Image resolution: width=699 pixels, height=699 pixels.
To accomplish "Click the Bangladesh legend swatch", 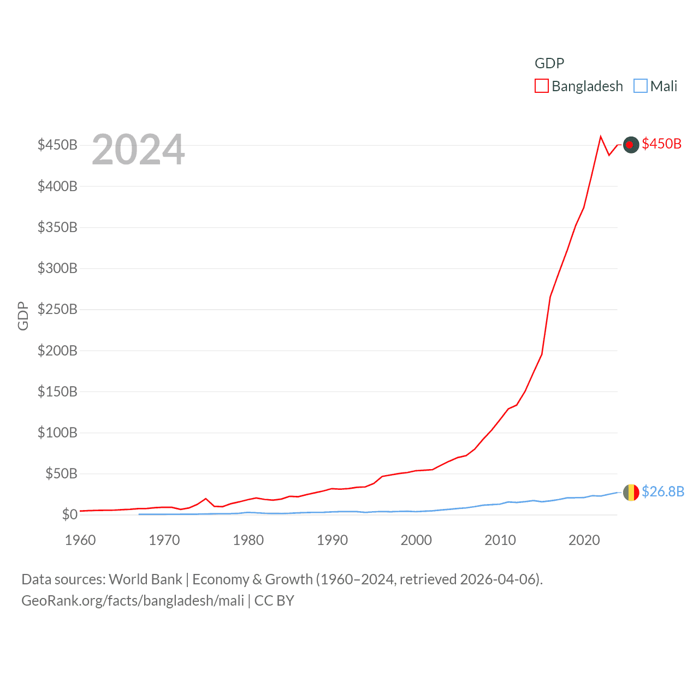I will [x=541, y=86].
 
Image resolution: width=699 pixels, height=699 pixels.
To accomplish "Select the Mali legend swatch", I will [x=640, y=86].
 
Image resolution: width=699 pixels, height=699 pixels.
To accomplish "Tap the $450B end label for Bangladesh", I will [x=661, y=144].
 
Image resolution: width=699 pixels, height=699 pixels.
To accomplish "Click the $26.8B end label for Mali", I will [x=662, y=491].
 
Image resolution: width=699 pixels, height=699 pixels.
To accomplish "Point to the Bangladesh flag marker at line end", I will [x=631, y=145].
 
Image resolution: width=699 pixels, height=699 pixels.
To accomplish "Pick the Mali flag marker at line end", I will [x=631, y=493].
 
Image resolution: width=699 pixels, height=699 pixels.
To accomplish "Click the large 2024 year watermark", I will [x=138, y=150].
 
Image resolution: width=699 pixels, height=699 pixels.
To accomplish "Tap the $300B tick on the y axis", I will [x=57, y=268].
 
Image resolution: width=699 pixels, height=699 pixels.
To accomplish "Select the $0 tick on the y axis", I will [x=69, y=514].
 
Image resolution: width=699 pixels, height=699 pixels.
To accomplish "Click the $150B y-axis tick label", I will [x=57, y=392].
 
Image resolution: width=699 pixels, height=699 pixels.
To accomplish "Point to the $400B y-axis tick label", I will [x=57, y=186].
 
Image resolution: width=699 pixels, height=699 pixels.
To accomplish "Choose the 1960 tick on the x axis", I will [x=80, y=540].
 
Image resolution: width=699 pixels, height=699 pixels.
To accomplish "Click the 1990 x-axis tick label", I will [x=332, y=540].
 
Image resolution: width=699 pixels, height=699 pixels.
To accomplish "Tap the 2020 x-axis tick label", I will [x=584, y=540].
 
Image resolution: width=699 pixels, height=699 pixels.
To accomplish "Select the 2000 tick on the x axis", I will [x=416, y=540].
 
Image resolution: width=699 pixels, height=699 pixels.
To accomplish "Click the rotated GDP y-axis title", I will [x=23, y=316].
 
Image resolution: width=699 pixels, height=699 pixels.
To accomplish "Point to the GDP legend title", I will [x=549, y=63].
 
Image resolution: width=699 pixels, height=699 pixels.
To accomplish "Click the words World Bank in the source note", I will [x=145, y=579].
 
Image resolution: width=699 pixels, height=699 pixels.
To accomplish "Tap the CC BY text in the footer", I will [x=274, y=601].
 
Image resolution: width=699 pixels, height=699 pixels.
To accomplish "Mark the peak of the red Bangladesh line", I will [x=601, y=137].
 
